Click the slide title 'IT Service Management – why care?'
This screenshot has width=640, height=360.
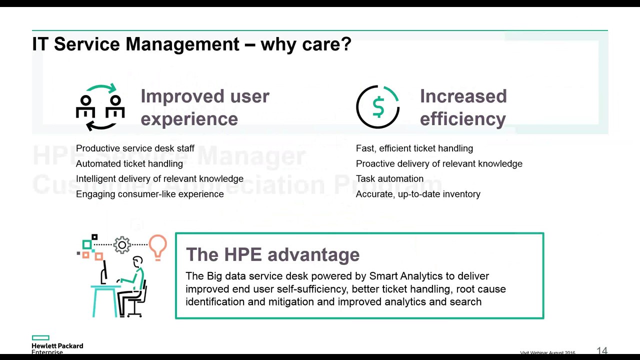[x=191, y=44]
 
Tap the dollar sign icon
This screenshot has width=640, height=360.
[x=378, y=107]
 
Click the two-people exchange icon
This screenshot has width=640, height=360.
[x=100, y=107]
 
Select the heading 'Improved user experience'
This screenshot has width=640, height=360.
[x=204, y=107]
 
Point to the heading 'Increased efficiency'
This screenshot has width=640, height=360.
[x=463, y=107]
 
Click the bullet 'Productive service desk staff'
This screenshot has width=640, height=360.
[x=135, y=148]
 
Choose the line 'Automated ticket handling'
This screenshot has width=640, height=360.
[x=129, y=163]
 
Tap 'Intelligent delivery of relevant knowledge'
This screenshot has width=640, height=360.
[x=159, y=178]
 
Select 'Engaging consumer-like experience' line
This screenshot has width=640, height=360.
[x=149, y=194]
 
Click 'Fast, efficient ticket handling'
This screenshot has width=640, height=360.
[x=414, y=148]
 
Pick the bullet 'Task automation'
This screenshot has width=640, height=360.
[x=389, y=178]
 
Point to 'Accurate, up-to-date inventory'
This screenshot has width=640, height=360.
[x=418, y=194]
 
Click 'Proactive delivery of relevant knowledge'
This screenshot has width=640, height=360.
[x=439, y=163]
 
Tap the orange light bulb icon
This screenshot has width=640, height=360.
[x=157, y=246]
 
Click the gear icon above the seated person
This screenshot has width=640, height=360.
[x=122, y=244]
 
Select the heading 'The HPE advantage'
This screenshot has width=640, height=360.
[x=272, y=254]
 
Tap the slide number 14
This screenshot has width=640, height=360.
[x=602, y=351]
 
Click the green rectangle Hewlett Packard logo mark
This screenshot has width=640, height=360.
[x=40, y=338]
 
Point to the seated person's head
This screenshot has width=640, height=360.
[x=138, y=261]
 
